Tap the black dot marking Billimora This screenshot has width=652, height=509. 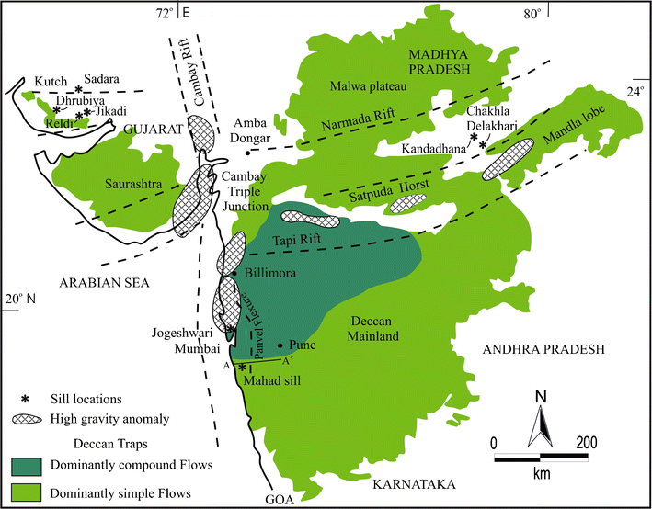point(235,273)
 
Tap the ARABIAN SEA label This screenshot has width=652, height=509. point(101,281)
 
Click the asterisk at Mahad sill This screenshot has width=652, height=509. point(242,367)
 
